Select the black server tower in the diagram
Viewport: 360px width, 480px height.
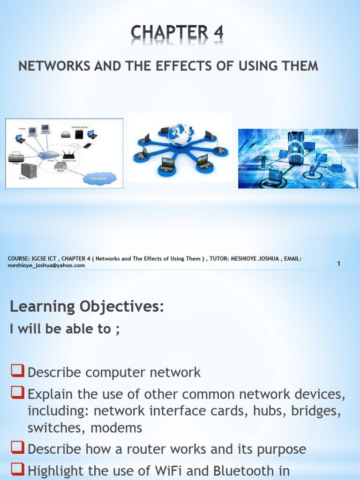coord(28,171)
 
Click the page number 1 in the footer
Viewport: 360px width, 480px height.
coord(338,264)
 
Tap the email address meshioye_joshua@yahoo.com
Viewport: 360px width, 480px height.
coord(46,265)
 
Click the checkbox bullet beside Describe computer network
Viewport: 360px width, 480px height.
coord(18,373)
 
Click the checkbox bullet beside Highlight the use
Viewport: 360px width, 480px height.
coord(18,471)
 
